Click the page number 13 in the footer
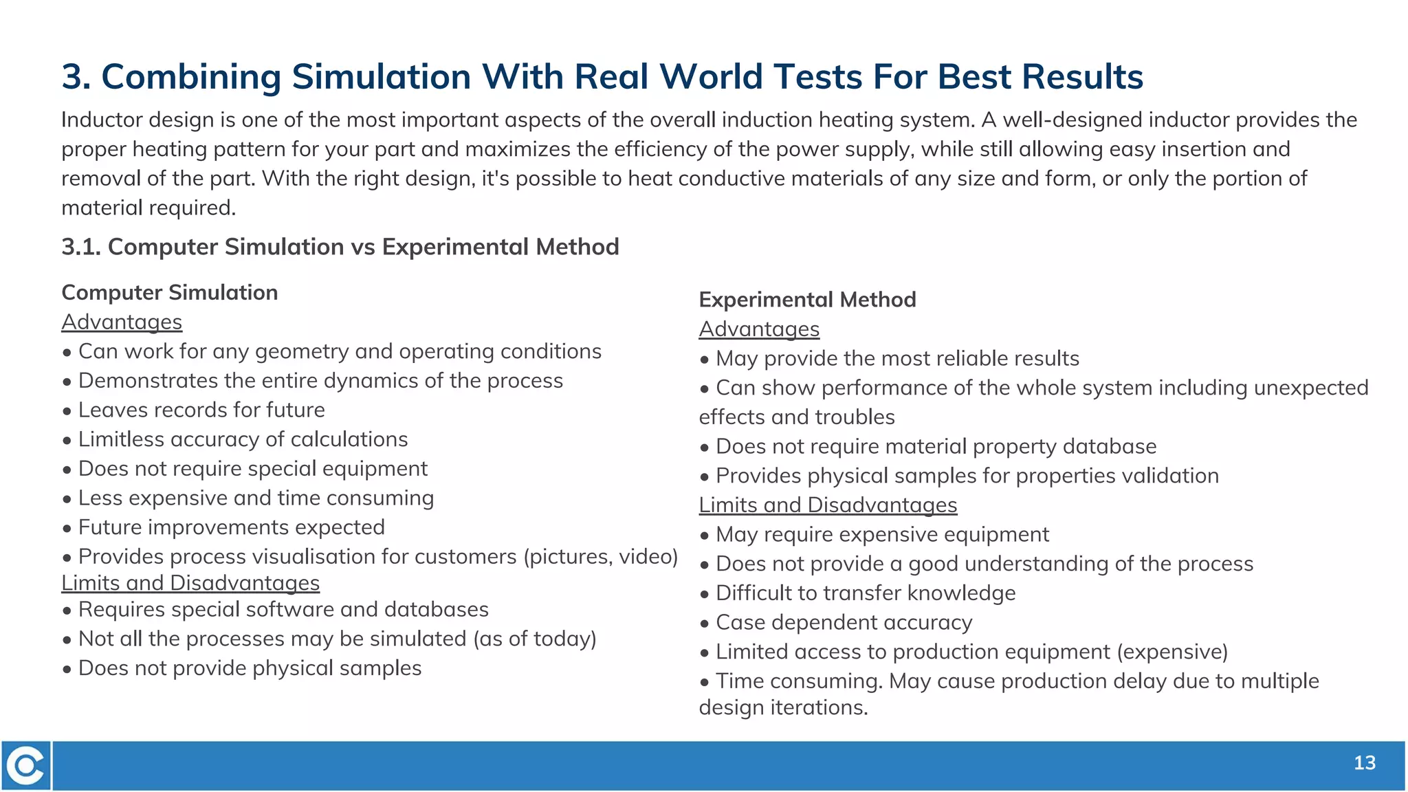[x=1364, y=763]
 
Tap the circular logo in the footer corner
[x=26, y=765]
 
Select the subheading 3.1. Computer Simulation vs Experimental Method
[x=340, y=247]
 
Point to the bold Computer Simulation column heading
[x=169, y=293]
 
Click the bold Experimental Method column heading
[x=807, y=300]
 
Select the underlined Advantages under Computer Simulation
[x=122, y=322]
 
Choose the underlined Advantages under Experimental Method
[x=759, y=329]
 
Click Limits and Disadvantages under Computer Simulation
[x=190, y=583]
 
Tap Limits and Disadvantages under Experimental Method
[x=828, y=505]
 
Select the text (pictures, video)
[x=601, y=556]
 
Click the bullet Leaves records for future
[x=201, y=410]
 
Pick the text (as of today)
[x=534, y=639]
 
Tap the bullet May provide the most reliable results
[x=896, y=359]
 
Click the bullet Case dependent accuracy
[x=844, y=623]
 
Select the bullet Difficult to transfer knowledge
[x=865, y=593]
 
